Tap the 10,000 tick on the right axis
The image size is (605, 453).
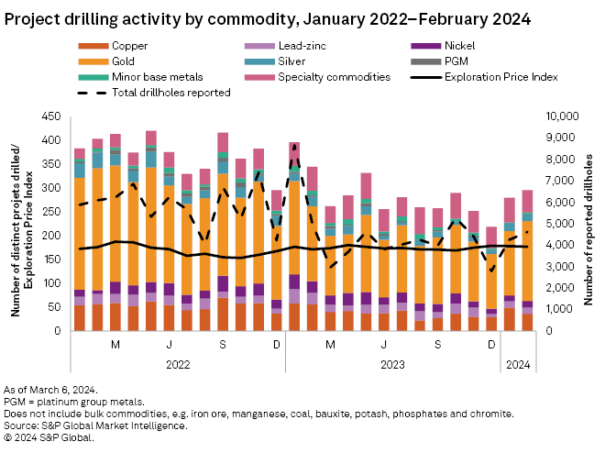tap(562, 116)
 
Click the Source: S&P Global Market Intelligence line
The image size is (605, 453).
tap(95, 425)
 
